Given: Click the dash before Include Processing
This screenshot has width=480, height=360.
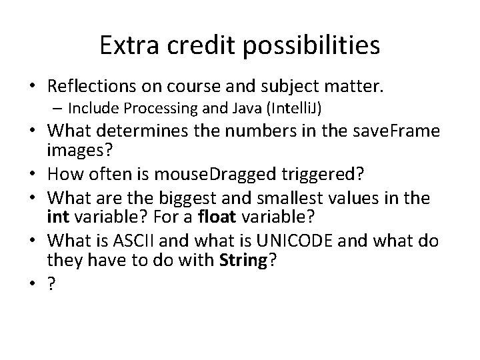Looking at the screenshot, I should [59, 107].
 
